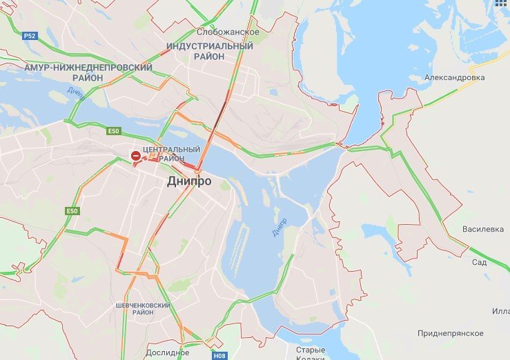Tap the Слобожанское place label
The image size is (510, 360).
pyautogui.click(x=228, y=32)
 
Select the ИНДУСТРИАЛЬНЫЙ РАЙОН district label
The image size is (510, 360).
pyautogui.click(x=210, y=51)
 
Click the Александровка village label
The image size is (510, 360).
pyautogui.click(x=454, y=78)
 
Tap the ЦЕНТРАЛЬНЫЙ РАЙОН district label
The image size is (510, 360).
pyautogui.click(x=170, y=154)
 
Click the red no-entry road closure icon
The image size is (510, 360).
pyautogui.click(x=136, y=157)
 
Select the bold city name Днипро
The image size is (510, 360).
pyautogui.click(x=188, y=181)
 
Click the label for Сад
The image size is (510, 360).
pyautogui.click(x=479, y=263)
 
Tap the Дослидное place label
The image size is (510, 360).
pyautogui.click(x=168, y=352)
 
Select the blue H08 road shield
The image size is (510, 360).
pyautogui.click(x=219, y=356)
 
